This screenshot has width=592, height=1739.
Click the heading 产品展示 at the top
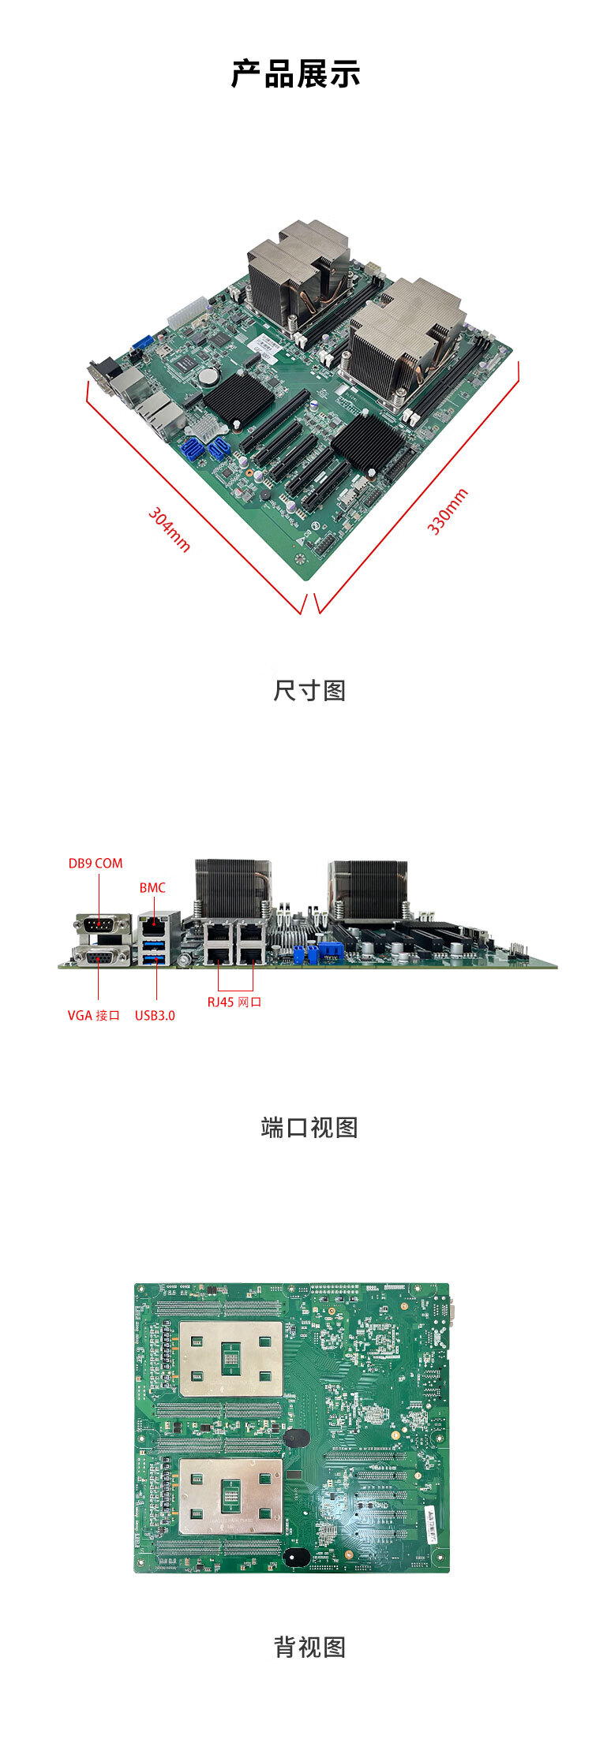[x=296, y=74]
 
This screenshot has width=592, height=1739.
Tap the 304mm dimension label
[x=170, y=530]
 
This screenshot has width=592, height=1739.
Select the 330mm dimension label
[x=448, y=511]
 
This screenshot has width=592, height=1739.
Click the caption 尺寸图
[x=309, y=690]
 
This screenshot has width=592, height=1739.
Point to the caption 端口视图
[x=309, y=1127]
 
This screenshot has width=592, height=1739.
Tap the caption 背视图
[x=309, y=1646]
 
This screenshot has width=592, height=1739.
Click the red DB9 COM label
[x=96, y=863]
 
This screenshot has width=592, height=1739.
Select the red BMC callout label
[x=152, y=887]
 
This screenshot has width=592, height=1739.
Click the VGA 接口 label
[x=94, y=1015]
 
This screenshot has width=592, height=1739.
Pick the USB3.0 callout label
[x=155, y=1015]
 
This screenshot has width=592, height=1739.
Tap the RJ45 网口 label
[x=234, y=1002]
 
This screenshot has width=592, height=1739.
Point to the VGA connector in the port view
[x=101, y=956]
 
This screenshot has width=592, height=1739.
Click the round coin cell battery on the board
[x=208, y=375]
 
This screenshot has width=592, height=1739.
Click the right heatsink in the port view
[x=369, y=889]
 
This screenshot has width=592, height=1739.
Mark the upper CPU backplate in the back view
[x=230, y=1358]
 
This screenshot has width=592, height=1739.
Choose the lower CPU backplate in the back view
[x=230, y=1495]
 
